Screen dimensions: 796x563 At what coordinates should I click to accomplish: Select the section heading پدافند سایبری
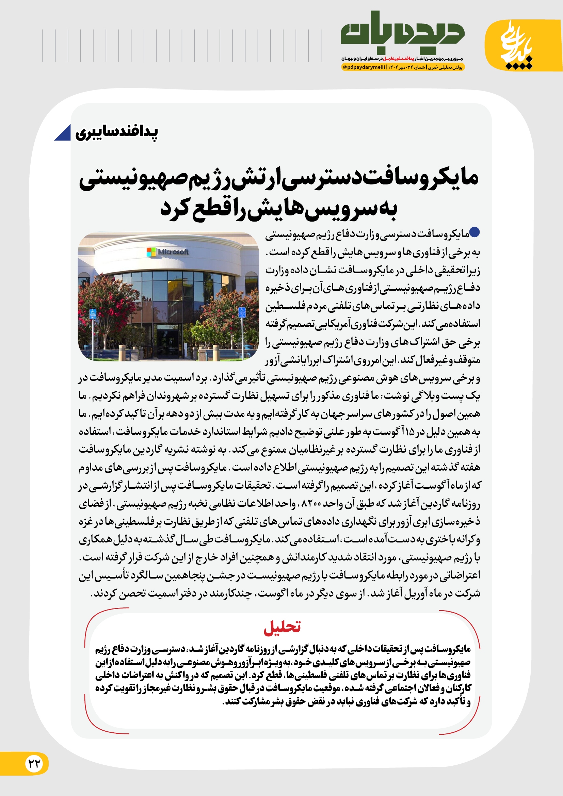(117, 132)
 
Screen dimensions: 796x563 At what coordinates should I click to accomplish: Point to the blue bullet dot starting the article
(474, 232)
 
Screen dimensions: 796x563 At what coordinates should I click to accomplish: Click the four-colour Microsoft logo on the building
(151, 252)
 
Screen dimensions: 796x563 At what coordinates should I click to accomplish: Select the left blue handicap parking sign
(93, 314)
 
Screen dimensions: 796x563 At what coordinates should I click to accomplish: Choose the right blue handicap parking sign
(242, 312)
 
